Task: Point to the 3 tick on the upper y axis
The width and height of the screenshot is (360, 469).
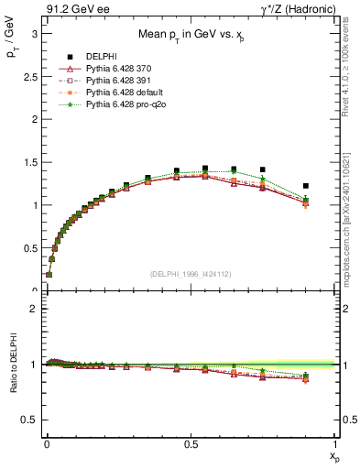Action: (x=35, y=33)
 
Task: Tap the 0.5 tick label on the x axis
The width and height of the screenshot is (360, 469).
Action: (x=190, y=442)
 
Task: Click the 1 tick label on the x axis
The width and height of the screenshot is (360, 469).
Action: (x=334, y=442)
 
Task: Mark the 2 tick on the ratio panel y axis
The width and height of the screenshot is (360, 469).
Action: (x=35, y=309)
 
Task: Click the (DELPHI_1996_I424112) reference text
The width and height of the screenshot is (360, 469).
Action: (x=190, y=273)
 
